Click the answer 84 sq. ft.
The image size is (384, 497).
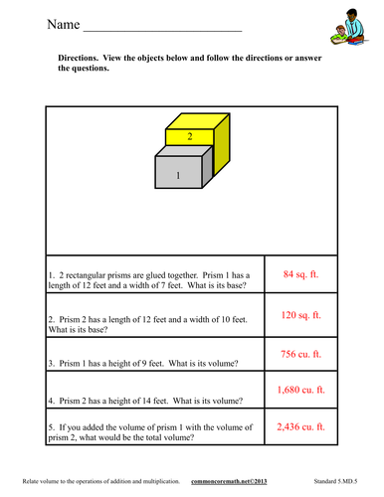coord(302,273)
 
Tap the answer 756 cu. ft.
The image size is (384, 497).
coord(302,354)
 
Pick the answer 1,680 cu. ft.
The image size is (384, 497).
coord(302,392)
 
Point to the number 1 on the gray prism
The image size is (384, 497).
coord(179,175)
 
